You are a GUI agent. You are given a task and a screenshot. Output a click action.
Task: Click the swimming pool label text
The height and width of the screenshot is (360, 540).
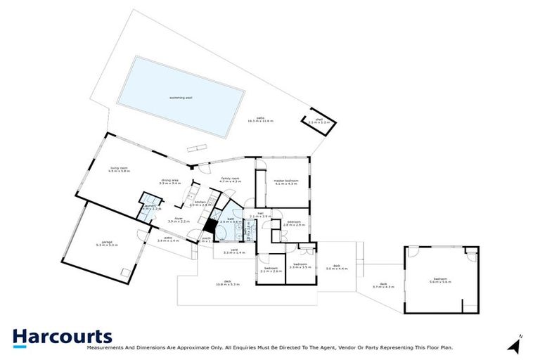(181, 98)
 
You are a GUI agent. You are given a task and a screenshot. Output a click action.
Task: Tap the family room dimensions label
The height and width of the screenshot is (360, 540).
(230, 181)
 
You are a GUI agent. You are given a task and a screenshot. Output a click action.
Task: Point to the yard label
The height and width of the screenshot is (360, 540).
(233, 250)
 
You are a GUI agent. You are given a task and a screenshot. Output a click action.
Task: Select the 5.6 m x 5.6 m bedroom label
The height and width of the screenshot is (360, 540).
(440, 281)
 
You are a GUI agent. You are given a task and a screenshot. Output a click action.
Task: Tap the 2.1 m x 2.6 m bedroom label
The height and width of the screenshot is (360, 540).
(272, 269)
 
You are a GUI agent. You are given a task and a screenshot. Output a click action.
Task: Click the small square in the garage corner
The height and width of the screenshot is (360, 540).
(125, 272)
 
